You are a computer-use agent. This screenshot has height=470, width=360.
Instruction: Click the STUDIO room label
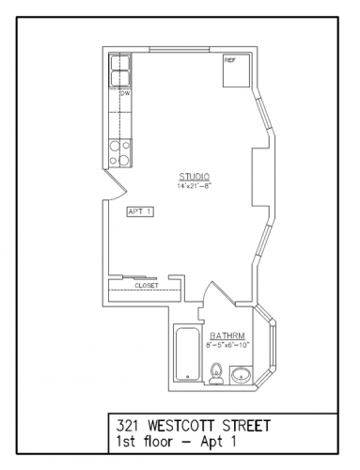point(195,176)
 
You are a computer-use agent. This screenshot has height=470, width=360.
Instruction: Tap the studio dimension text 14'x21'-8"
point(195,185)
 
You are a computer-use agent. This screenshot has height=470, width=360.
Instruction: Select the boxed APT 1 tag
point(140,211)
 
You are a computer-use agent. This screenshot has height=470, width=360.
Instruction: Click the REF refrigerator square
point(236,70)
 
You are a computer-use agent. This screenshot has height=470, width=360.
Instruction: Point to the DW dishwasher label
point(125,93)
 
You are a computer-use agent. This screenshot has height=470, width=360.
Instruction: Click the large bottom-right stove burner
point(124,161)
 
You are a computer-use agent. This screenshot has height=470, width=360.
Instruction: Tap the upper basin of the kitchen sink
point(119,62)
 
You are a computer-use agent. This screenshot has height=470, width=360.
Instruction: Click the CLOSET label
point(147,286)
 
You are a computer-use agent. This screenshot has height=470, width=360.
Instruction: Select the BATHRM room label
point(227,336)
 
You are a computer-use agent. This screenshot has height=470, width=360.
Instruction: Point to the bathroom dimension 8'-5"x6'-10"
point(227,345)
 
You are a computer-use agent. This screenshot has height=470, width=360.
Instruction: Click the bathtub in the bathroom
point(187,353)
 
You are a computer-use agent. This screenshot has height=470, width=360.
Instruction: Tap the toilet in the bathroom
point(216,374)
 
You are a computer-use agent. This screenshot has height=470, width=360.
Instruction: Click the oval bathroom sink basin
point(241,375)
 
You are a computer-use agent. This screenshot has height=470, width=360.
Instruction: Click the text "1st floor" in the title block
point(144,442)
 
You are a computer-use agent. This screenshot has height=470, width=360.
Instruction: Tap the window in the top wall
point(180,49)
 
